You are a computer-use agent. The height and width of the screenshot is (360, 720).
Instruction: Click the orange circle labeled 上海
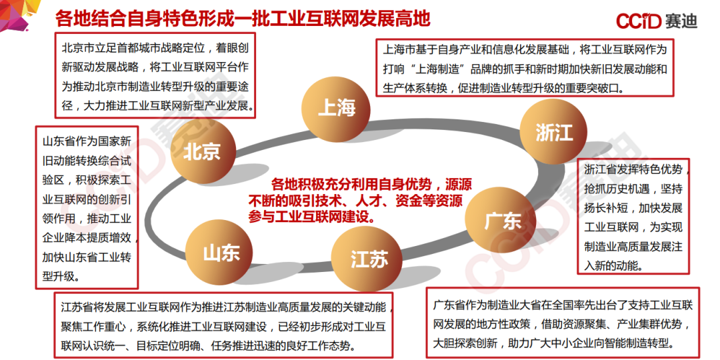click(337, 107)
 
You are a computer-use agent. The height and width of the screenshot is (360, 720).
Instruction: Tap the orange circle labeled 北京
click(202, 151)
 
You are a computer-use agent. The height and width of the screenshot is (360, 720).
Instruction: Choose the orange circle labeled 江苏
click(369, 259)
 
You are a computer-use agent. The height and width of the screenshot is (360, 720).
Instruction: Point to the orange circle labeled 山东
click(221, 253)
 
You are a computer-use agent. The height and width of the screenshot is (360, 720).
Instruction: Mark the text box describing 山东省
click(87, 207)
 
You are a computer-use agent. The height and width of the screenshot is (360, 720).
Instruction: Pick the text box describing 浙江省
click(633, 217)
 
